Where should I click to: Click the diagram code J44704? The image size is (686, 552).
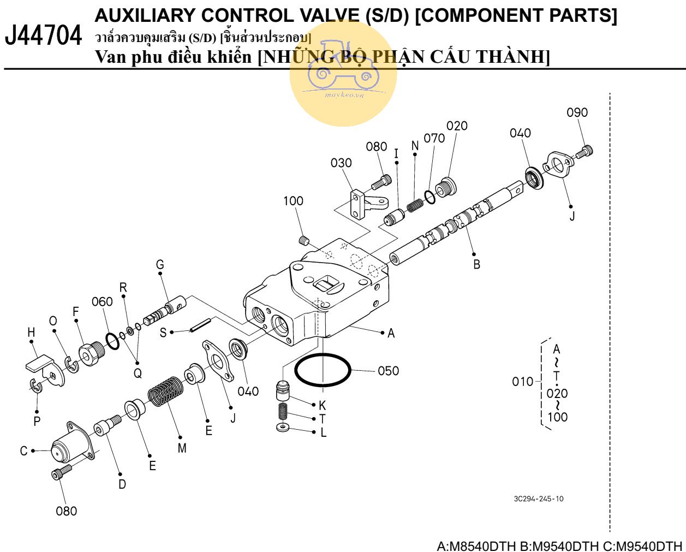click(43, 36)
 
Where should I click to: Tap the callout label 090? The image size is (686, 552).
click(577, 112)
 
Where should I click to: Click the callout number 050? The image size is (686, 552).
click(388, 371)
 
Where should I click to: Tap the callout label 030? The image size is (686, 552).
click(341, 163)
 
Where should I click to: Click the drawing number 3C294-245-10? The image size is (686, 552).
click(539, 498)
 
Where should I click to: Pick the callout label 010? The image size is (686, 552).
click(522, 382)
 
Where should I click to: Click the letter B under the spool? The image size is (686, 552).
click(476, 265)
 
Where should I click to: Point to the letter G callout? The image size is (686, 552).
click(160, 265)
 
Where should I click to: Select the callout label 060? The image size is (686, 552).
click(102, 302)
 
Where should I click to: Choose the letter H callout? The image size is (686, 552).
click(31, 332)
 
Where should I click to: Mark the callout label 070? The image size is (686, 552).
click(434, 138)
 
